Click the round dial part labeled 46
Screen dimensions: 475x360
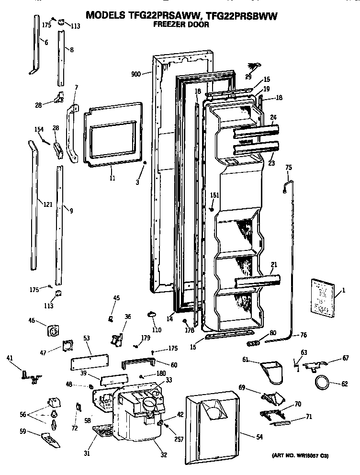[x=52, y=331]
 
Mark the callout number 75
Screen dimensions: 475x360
[x=288, y=167]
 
